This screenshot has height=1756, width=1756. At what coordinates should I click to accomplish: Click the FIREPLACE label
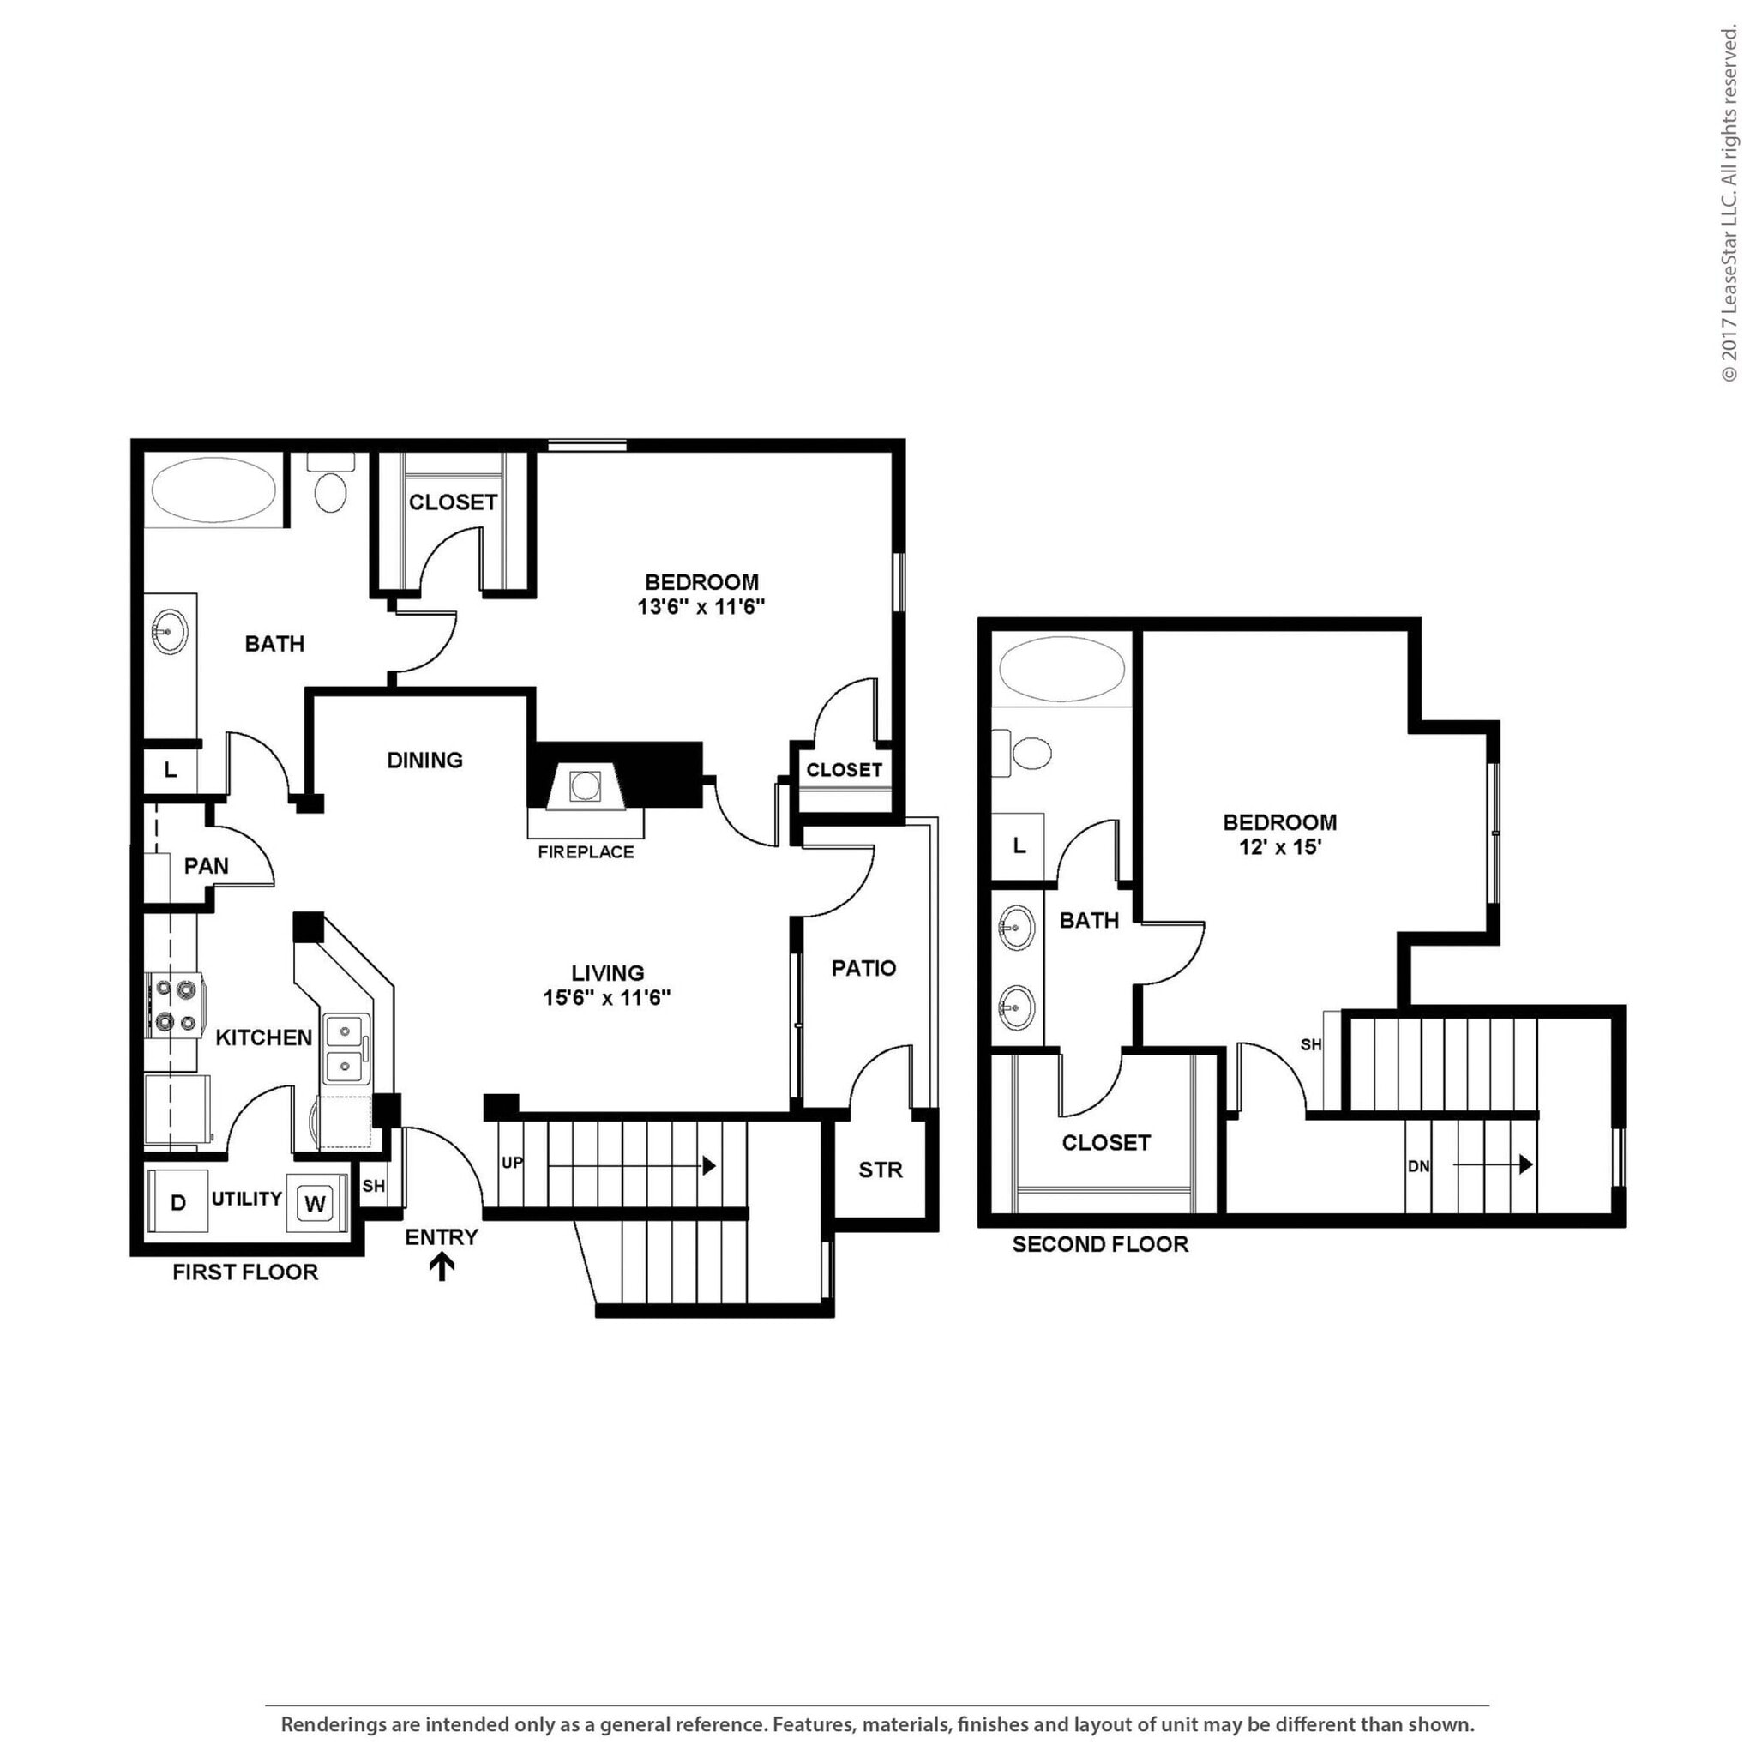coord(586,851)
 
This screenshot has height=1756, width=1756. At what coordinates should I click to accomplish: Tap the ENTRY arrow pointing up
coord(442,1267)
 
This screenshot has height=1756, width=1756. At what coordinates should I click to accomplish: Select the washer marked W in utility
coord(315,1205)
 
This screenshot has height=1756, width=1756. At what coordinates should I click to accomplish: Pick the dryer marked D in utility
coord(178,1202)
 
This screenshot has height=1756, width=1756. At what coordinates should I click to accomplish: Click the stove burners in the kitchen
coord(176,1004)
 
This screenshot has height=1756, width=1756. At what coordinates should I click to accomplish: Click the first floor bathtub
coord(214,490)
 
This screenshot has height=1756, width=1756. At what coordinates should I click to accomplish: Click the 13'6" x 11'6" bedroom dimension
coord(701,607)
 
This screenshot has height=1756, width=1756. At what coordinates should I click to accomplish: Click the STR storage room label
coord(880,1170)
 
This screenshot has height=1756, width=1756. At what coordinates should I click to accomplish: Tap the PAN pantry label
coord(207,865)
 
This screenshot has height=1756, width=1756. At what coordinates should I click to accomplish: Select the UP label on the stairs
coord(512,1163)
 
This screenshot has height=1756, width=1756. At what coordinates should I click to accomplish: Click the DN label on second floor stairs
coord(1418,1165)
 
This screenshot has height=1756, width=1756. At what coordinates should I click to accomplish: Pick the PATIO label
coord(863,968)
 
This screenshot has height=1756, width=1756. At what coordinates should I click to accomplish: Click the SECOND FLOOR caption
coord(1100,1244)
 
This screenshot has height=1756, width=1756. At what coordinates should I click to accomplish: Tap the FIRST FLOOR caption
coord(245,1272)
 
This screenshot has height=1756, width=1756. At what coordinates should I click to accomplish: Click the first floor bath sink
coord(169,630)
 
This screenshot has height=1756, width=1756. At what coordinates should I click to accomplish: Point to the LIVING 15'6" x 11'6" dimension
coord(606,997)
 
